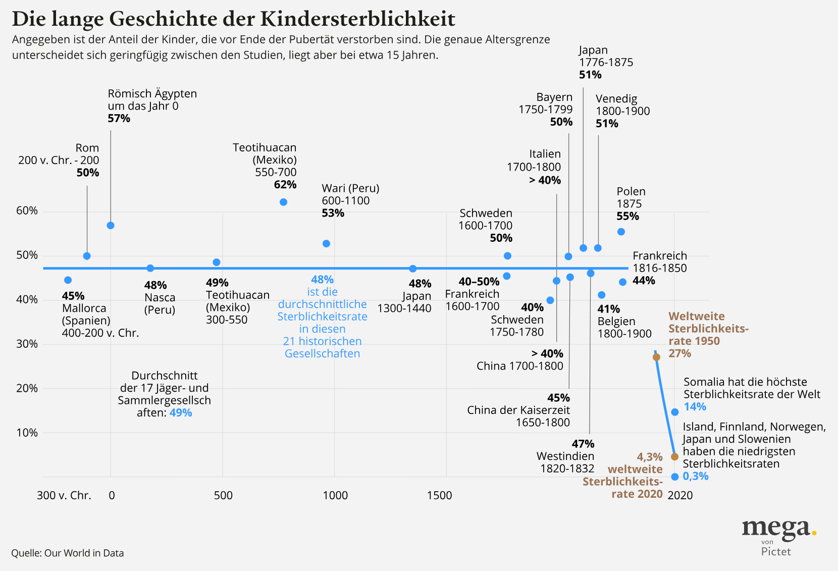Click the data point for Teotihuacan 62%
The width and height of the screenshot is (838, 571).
pos(283,202)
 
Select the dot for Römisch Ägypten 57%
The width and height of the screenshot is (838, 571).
pos(111,225)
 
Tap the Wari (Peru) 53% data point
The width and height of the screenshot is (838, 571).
pos(326,243)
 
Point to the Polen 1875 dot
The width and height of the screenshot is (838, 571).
pos(621,232)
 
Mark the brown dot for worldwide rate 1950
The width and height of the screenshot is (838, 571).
pos(656,357)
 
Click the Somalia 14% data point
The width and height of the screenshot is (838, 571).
pos(675,412)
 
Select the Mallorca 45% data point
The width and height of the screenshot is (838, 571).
pos(68,280)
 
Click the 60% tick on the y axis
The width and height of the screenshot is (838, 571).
pos(27,211)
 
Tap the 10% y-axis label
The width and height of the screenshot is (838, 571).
pos(27,433)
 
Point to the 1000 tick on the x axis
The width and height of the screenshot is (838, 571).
pos(335,495)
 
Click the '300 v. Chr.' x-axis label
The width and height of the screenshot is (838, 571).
pos(64,495)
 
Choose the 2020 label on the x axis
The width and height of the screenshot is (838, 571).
pos(680,495)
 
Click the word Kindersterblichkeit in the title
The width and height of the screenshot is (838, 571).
pos(358,19)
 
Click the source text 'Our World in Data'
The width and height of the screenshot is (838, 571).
pos(84,553)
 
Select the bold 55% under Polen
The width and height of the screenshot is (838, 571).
pos(627,216)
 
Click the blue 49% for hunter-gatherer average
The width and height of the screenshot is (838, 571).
pos(181,412)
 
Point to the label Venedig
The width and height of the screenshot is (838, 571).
pos(616,98)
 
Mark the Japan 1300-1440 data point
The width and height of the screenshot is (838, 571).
pos(413,269)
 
